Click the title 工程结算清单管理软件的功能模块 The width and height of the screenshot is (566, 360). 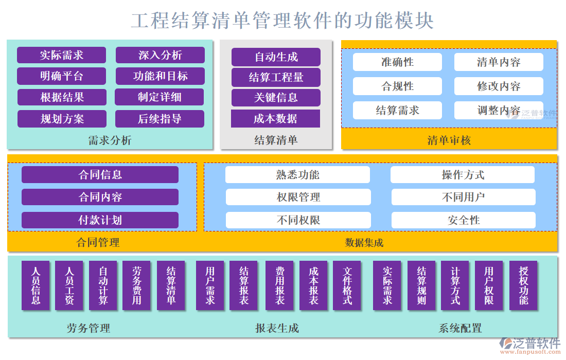(282, 21)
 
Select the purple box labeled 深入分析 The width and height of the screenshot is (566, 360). (160, 55)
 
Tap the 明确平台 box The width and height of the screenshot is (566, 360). (61, 76)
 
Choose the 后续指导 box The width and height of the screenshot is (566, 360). (160, 119)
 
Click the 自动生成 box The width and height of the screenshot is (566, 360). (276, 57)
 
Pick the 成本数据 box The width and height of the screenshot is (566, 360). (275, 119)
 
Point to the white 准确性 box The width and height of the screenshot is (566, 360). (397, 62)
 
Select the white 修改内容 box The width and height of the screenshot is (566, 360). (499, 86)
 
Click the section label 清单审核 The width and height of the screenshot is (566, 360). (449, 140)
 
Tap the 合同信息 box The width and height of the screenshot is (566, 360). (100, 175)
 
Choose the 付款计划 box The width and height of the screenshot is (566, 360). (100, 220)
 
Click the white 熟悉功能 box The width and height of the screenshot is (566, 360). (297, 175)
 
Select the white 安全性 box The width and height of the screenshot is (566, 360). (463, 220)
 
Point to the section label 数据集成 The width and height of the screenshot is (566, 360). (364, 243)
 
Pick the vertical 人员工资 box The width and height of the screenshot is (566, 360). (69, 286)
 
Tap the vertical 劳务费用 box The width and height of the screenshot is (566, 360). (136, 286)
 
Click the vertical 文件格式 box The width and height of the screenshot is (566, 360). (347, 286)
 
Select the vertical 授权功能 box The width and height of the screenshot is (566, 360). (523, 286)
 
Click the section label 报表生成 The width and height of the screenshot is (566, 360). (277, 328)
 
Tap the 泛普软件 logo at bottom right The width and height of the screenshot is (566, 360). (530, 345)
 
